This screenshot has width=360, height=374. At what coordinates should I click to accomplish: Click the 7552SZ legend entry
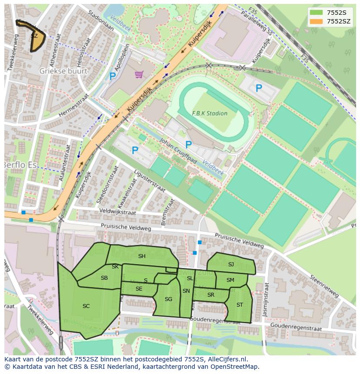pyautogui.click(x=338, y=21)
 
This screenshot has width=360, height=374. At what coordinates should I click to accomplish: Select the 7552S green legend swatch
pyautogui.click(x=317, y=13)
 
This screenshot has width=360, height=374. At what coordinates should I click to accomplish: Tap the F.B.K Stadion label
pyautogui.click(x=210, y=113)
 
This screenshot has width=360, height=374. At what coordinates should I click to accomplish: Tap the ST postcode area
pyautogui.click(x=240, y=305)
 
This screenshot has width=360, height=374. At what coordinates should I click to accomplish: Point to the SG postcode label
pyautogui.click(x=168, y=299)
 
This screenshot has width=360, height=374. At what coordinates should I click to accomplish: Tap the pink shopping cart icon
pyautogui.click(x=139, y=75)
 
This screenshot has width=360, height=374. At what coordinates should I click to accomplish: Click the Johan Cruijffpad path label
pyautogui.click(x=178, y=151)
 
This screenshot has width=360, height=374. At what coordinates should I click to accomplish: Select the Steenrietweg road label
pyautogui.click(x=323, y=287)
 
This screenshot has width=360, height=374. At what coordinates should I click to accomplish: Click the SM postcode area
pyautogui.click(x=230, y=280)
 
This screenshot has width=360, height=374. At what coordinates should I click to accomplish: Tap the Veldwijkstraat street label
pyautogui.click(x=117, y=212)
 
